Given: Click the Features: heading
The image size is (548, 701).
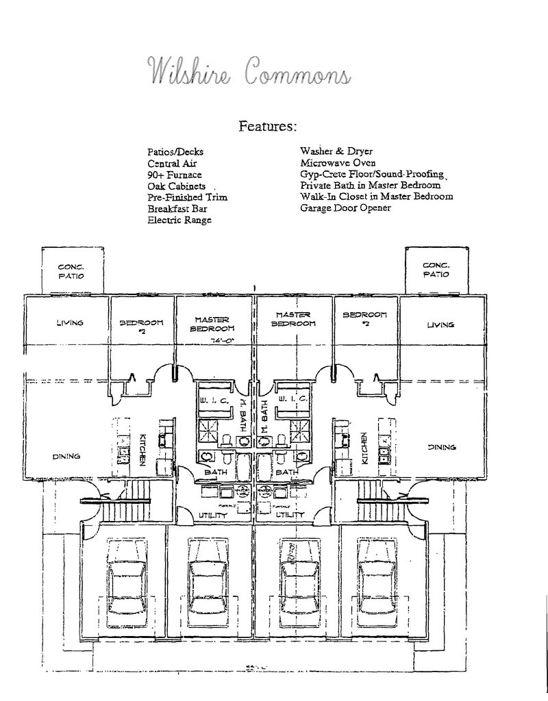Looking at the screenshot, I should click(268, 127).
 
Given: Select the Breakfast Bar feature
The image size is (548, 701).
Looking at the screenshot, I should click(177, 209).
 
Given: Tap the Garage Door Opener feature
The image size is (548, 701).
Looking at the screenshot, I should click(345, 207).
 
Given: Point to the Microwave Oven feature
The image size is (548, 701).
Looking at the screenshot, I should click(335, 163).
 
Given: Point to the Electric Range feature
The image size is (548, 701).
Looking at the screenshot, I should click(179, 220).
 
